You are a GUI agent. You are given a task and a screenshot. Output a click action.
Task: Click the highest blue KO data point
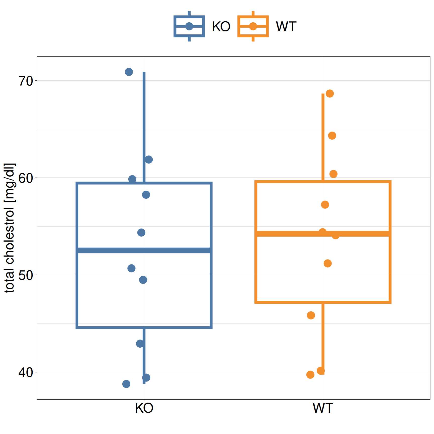point(129,72)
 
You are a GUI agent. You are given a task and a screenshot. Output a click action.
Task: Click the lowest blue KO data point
point(126,384)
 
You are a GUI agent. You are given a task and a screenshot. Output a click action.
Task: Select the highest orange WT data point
point(330,94)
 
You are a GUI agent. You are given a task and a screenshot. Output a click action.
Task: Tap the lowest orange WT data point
point(310,375)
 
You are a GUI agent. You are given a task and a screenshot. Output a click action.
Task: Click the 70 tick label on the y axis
point(26,81)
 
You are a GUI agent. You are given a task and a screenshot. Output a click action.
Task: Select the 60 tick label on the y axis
point(26,178)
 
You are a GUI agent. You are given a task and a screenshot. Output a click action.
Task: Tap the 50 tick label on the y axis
point(26,276)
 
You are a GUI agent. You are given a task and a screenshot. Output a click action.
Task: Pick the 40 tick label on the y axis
point(26,373)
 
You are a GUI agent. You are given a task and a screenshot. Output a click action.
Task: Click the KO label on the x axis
point(144,408)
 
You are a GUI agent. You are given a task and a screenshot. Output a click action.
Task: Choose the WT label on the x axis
point(323,408)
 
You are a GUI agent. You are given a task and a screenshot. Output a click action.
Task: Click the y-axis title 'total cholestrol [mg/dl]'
point(10,228)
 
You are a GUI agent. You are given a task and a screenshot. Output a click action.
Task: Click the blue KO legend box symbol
point(189,26)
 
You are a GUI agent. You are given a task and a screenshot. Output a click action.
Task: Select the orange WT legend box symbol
point(253,26)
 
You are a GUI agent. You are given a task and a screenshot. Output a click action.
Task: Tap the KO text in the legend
point(221,27)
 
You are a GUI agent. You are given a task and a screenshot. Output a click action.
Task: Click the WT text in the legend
point(286,27)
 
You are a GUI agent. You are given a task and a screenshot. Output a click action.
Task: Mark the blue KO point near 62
point(149,159)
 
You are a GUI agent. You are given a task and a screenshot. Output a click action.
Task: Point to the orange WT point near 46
point(311,315)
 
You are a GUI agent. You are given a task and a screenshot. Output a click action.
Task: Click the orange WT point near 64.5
point(332,136)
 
